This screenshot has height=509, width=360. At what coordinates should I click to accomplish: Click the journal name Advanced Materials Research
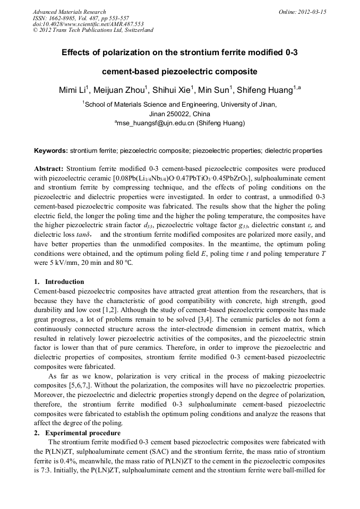pos(69,12)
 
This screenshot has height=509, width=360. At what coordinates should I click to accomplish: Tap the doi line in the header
pos(80,24)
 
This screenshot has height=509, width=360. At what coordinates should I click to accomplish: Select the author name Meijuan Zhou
pos(123,90)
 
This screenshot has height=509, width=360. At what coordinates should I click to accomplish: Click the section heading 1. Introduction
pos(59,281)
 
